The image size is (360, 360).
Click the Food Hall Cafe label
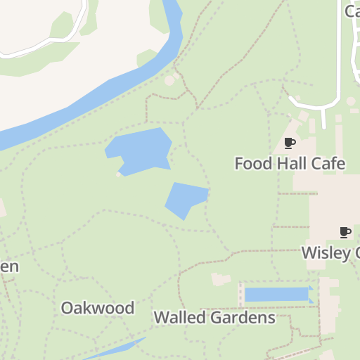[x=290, y=164]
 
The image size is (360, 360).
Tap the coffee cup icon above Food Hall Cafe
[x=289, y=143]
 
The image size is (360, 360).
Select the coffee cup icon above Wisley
[x=345, y=232]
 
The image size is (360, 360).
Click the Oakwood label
[x=97, y=308]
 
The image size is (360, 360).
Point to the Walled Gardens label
[x=214, y=317]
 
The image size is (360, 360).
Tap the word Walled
[x=179, y=317]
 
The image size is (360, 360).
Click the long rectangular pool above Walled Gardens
[x=277, y=294]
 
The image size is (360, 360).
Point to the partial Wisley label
[x=330, y=252]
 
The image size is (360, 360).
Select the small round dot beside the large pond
[x=117, y=174]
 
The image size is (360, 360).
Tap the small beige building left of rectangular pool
[x=221, y=279]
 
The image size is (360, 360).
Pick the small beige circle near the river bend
[x=169, y=81]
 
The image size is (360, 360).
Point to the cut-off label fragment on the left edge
[x=8, y=266]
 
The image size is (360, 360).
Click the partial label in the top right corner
[x=352, y=11]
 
